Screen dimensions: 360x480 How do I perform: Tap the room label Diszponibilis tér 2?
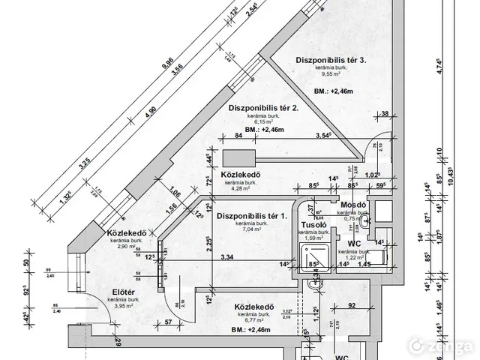point(264,108)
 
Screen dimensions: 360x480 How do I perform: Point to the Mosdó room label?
point(351,204)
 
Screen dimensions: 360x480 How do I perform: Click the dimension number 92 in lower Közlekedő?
point(351,305)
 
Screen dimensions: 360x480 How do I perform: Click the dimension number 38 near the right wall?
point(384,114)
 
